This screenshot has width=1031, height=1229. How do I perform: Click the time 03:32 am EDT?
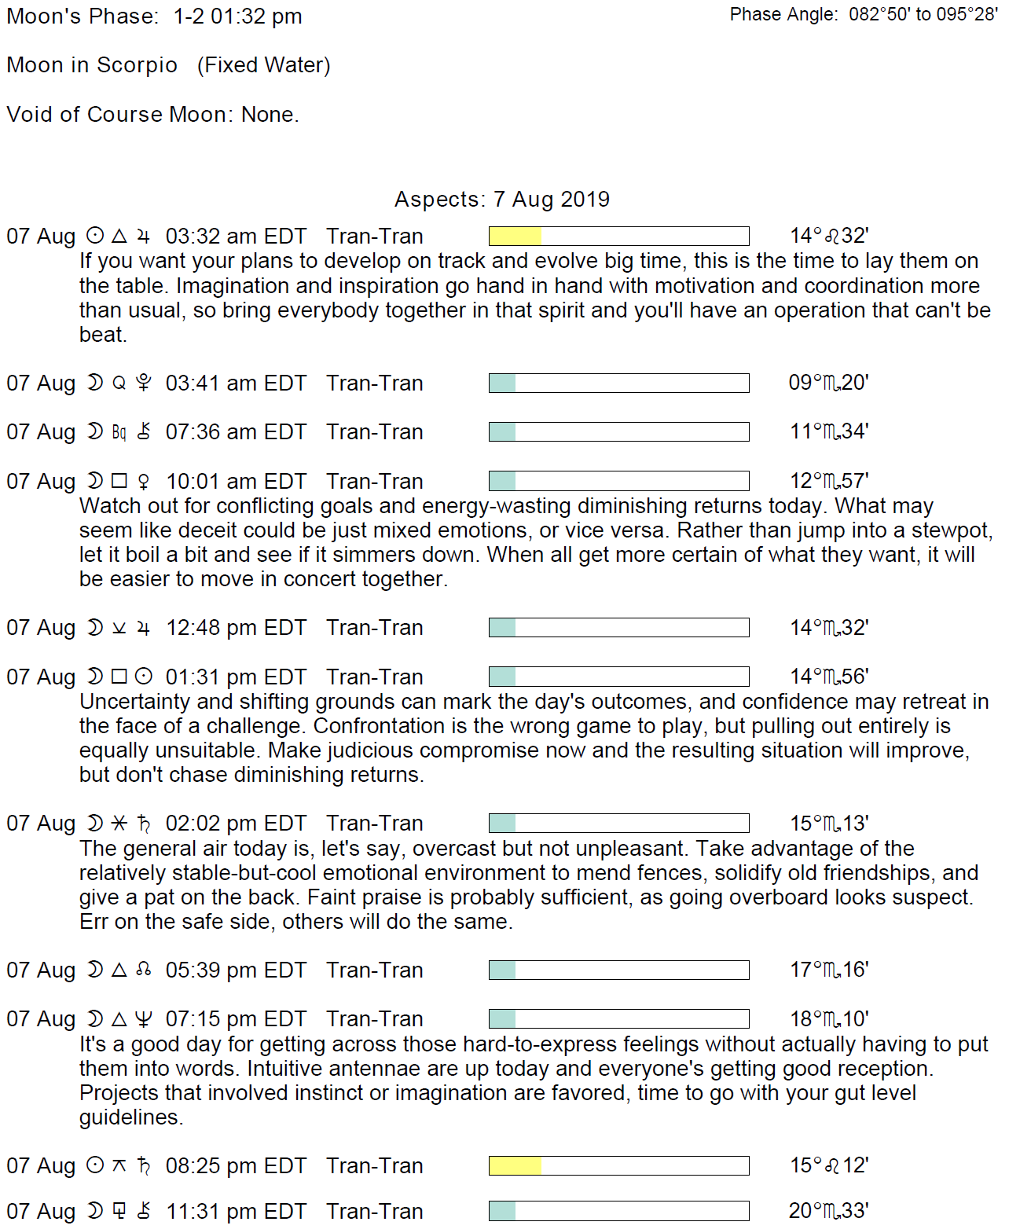(236, 237)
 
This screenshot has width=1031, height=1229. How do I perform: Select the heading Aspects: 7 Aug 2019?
(502, 200)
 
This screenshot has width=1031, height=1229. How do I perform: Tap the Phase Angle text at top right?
(863, 15)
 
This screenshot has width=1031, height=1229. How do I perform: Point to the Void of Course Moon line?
(152, 115)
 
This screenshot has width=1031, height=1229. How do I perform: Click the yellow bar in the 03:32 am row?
(515, 237)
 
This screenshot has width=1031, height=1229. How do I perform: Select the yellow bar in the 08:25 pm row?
(515, 1166)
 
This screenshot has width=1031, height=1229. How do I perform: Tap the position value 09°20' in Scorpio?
(828, 383)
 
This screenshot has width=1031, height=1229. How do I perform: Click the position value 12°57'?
(829, 481)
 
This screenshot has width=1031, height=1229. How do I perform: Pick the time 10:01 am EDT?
(236, 482)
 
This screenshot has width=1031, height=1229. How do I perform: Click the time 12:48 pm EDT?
(236, 628)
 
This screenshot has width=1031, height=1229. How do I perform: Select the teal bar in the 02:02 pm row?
(503, 824)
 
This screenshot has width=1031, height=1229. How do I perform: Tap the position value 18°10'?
(829, 1019)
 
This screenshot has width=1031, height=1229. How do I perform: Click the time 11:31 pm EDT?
(236, 1212)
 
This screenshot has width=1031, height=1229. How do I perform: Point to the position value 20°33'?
(828, 1211)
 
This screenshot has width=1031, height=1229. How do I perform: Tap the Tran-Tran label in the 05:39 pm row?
(375, 970)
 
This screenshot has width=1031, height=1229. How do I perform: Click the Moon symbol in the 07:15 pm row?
(95, 1019)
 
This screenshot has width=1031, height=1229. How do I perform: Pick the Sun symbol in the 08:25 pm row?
(95, 1165)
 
